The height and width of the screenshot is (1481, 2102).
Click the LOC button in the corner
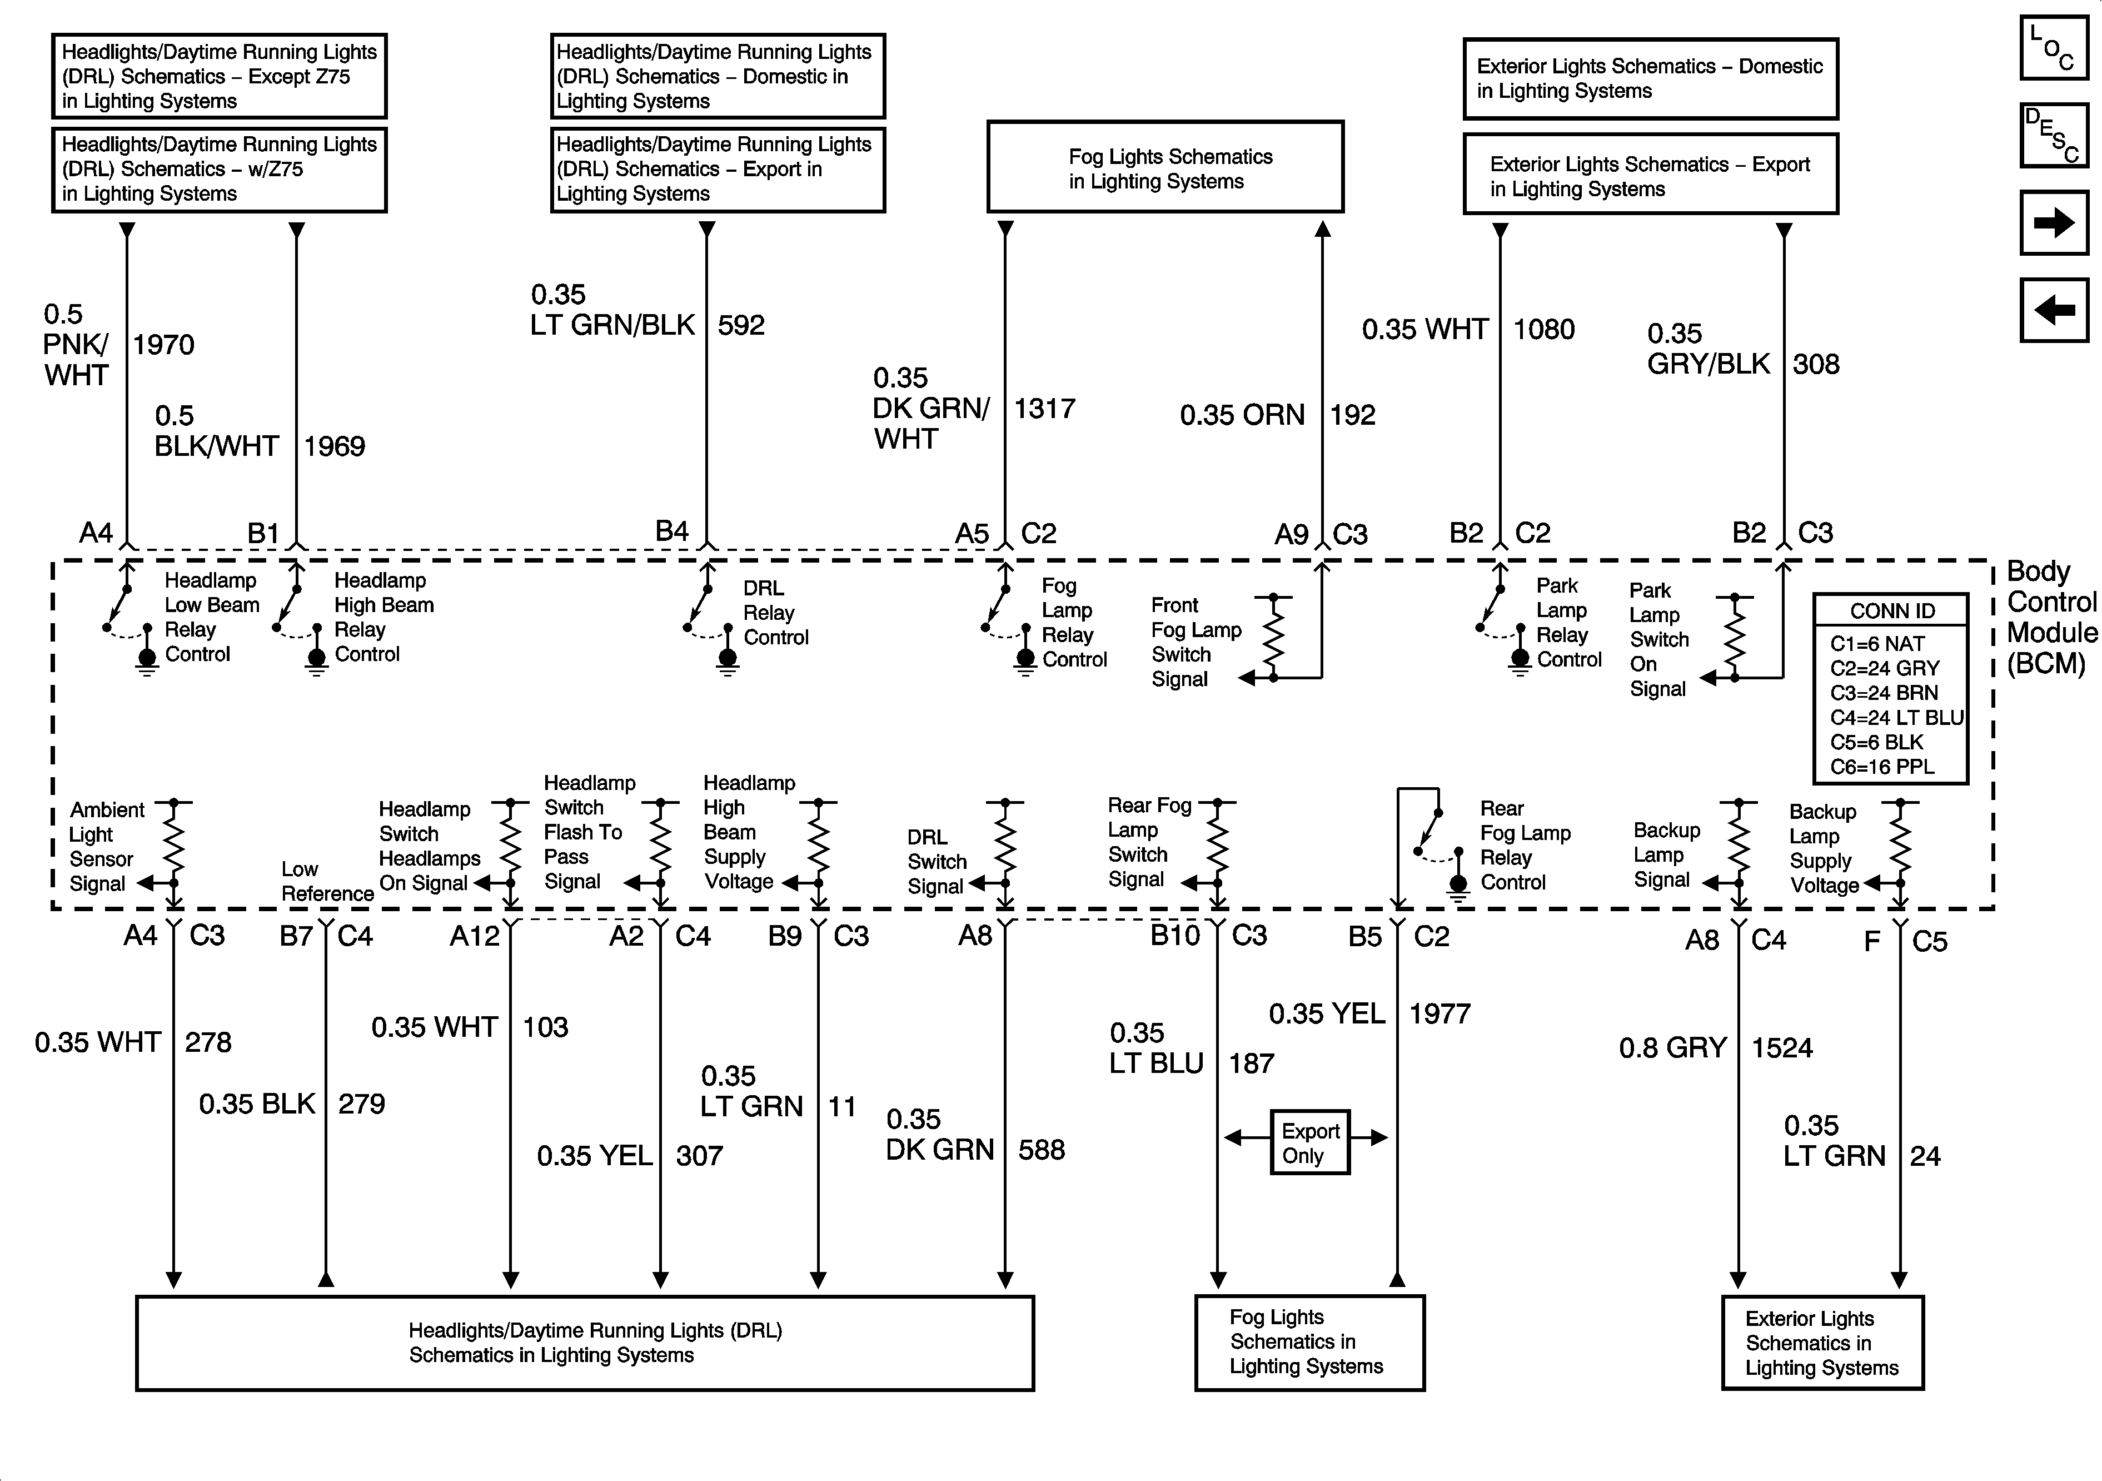coord(2054,48)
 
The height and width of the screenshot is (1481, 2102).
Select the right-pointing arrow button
coord(2054,222)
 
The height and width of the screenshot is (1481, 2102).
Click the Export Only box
coord(1309,1142)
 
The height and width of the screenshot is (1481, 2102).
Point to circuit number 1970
coord(164,345)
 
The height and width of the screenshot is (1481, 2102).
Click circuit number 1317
coord(1044,409)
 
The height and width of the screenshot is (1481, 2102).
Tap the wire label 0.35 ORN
coord(1242,415)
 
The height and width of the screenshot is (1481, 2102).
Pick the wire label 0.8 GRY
coord(1672,1048)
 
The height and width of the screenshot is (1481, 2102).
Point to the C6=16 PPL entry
coord(1882,767)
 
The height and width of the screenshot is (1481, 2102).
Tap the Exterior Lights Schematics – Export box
coord(1650,176)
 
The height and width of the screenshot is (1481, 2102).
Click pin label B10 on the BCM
coord(1174,935)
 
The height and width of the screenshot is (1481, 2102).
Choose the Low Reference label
coord(327,881)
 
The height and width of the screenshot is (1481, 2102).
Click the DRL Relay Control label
coord(775,613)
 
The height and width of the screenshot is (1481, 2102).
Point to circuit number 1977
coord(1439,1014)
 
